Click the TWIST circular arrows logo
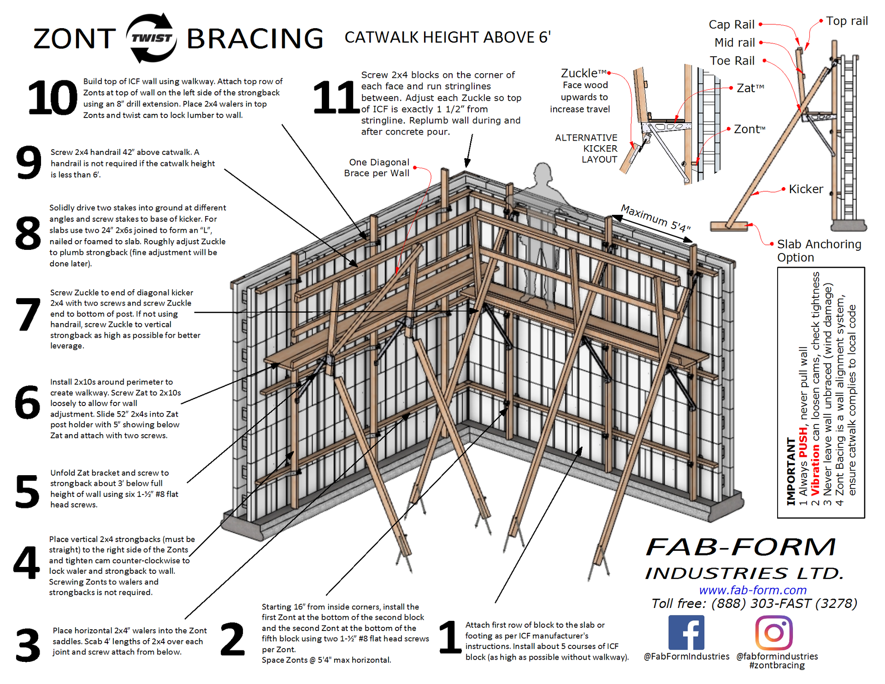(x=151, y=38)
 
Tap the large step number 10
(x=53, y=98)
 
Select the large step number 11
(x=336, y=98)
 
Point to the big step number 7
(x=28, y=315)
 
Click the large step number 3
(x=28, y=644)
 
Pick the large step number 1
(x=450, y=637)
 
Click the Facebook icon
(x=686, y=632)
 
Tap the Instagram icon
(x=774, y=632)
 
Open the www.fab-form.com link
(x=753, y=590)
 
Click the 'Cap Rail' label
(x=732, y=24)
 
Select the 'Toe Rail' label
(x=732, y=61)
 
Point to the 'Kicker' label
(x=806, y=189)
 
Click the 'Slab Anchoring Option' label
(x=819, y=251)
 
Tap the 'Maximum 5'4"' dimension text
(x=655, y=218)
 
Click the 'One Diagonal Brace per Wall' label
(x=377, y=168)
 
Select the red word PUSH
(x=803, y=442)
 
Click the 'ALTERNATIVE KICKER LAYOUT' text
(x=586, y=148)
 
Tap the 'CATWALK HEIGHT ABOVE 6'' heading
(x=448, y=37)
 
